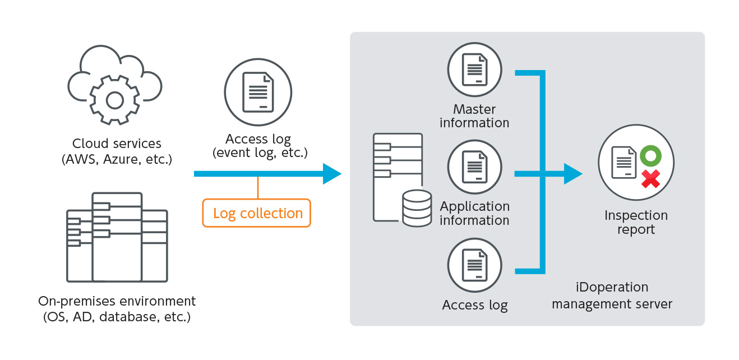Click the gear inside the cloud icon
115,100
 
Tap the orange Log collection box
257,213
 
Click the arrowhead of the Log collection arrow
331,174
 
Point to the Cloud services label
117,144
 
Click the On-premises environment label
117,301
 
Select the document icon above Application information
474,167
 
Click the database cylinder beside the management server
417,208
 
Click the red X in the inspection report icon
650,179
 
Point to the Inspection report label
636,223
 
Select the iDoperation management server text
612,296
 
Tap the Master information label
474,116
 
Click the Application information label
474,214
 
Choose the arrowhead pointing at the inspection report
572,174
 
